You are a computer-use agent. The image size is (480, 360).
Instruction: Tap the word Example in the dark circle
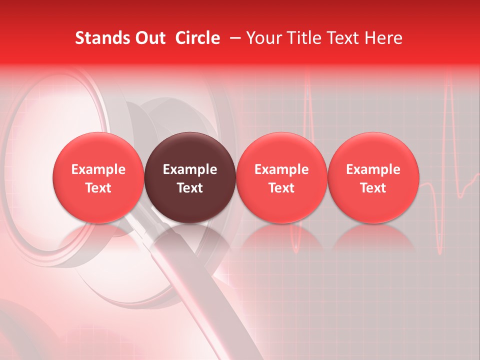[190, 169]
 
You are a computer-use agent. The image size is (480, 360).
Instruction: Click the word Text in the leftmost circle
[98, 188]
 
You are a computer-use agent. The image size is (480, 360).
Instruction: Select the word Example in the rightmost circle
[373, 169]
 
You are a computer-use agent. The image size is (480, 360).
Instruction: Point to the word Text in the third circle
[281, 188]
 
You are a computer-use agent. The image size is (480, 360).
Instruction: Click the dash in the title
[234, 38]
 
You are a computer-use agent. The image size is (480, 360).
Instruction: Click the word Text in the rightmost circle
[373, 188]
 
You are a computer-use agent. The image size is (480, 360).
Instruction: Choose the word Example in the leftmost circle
[98, 169]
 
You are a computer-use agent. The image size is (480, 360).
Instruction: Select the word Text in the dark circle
[190, 188]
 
